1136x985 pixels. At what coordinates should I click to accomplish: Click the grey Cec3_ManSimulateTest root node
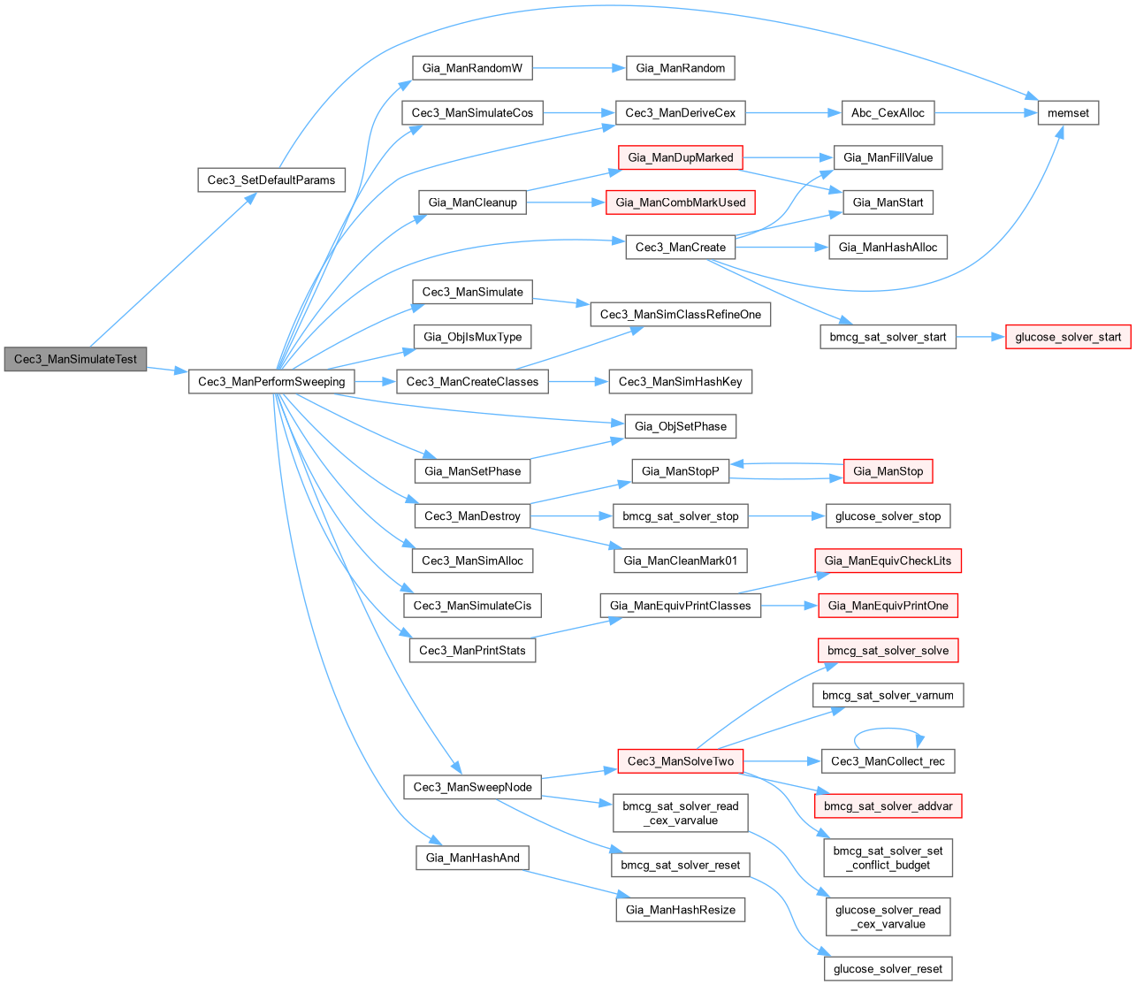point(75,360)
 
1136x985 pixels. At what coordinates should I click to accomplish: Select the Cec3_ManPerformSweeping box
point(271,382)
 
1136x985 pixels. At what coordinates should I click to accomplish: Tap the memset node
point(1068,112)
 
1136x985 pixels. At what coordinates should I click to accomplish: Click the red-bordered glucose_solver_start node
point(1068,337)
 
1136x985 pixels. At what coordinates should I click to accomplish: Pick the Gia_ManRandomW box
point(472,68)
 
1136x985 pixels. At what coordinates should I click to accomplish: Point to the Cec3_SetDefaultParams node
point(271,179)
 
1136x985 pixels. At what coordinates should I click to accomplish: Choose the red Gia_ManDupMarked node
point(680,157)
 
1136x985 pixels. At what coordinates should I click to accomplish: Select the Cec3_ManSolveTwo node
point(680,761)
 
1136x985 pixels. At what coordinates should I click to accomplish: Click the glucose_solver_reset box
point(888,969)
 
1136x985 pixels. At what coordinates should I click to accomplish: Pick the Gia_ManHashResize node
point(680,910)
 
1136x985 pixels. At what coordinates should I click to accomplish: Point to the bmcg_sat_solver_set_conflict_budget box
point(888,858)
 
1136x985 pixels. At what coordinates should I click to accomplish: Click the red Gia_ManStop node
point(888,471)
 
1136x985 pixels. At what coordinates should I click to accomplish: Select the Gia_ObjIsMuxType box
point(472,337)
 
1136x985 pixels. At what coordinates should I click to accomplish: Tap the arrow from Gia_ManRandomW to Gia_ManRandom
point(579,68)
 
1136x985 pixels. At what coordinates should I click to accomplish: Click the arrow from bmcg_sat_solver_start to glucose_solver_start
point(981,337)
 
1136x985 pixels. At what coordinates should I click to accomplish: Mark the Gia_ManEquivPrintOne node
point(888,606)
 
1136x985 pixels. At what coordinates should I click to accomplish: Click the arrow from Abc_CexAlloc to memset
point(986,112)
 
